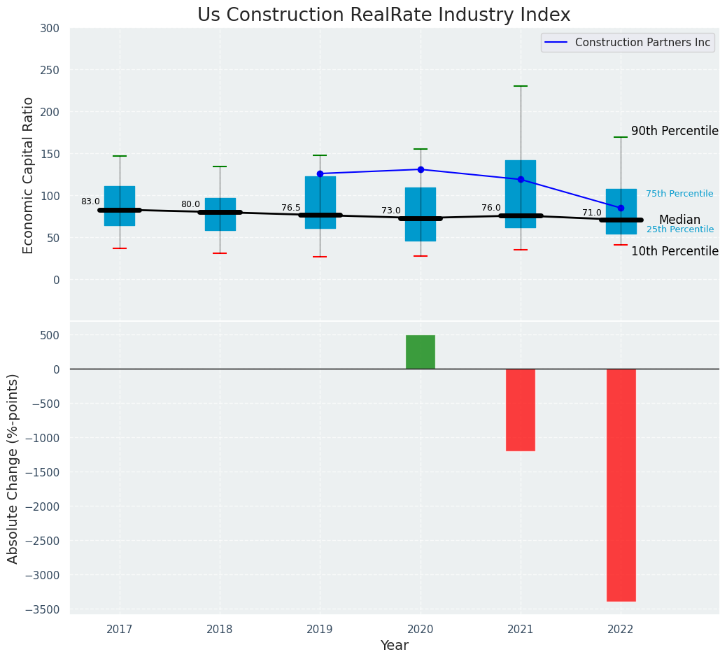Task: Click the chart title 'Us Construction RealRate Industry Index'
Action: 383,15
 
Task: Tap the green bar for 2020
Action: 421,352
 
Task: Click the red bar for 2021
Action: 521,410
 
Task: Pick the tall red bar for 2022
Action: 621,485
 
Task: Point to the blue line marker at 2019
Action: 320,173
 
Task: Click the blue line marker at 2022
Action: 621,208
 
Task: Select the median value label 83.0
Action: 90,201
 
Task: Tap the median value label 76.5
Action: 291,208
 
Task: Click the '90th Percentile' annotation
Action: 675,131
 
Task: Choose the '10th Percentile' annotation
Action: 675,251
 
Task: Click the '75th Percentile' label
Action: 679,194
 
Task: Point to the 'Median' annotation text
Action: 679,220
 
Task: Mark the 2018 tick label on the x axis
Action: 220,630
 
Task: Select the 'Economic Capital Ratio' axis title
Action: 29,175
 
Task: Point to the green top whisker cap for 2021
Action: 521,86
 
